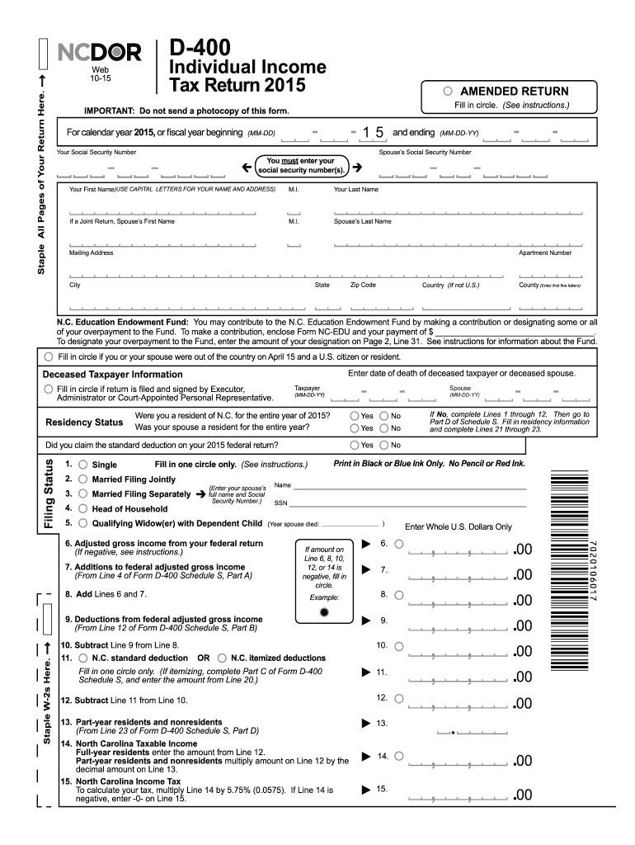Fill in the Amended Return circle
pyautogui.click(x=448, y=91)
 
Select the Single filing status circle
pyautogui.click(x=82, y=465)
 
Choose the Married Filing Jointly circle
pyautogui.click(x=82, y=479)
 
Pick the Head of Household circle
pyautogui.click(x=82, y=508)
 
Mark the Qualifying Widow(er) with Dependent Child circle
pyautogui.click(x=82, y=523)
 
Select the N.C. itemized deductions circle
pyautogui.click(x=221, y=658)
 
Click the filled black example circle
pyautogui.click(x=324, y=612)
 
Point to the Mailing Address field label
pyautogui.click(x=91, y=253)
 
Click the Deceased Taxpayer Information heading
pyautogui.click(x=112, y=375)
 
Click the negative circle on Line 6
pyautogui.click(x=399, y=544)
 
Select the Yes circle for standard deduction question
pyautogui.click(x=355, y=445)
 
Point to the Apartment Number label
pyautogui.click(x=544, y=253)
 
